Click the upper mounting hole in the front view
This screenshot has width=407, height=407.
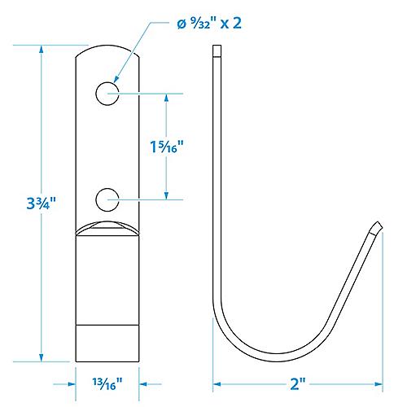(x=107, y=94)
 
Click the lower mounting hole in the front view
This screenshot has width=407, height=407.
(x=107, y=197)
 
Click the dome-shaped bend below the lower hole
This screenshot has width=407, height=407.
(x=107, y=227)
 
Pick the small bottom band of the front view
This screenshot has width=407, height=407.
(x=107, y=342)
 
